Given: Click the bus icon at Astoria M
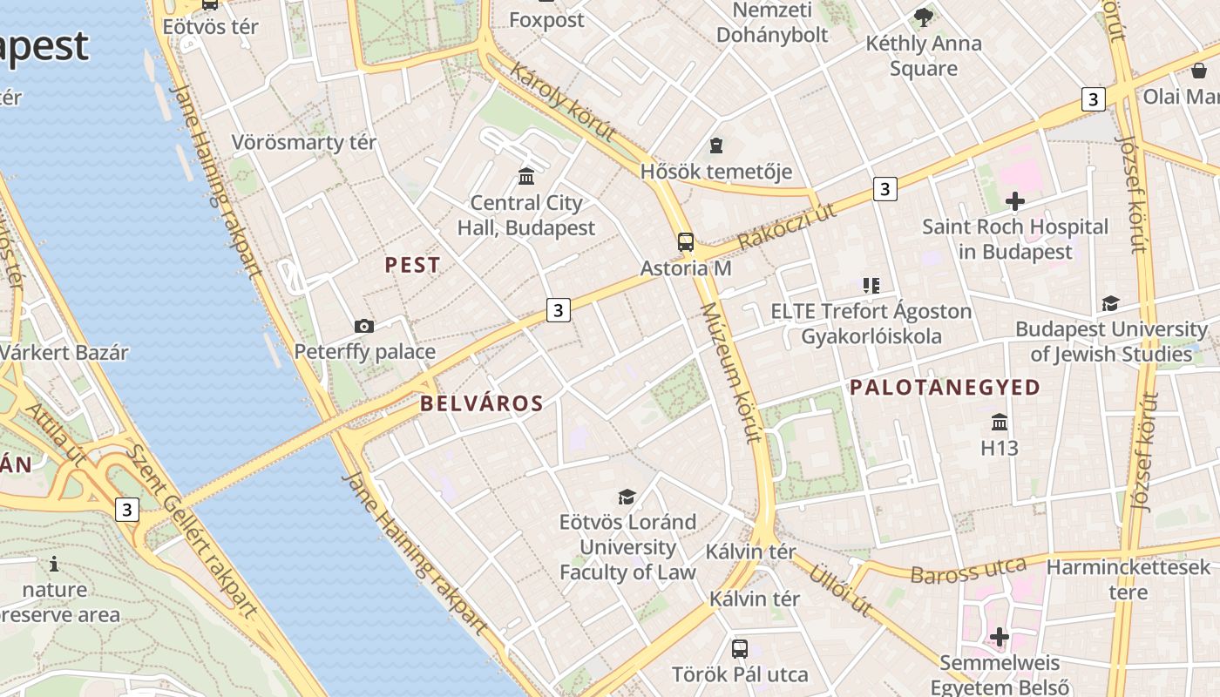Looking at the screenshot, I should tap(686, 242).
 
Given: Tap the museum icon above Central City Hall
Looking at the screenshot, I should tap(526, 177).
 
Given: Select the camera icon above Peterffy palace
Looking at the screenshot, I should tap(364, 327).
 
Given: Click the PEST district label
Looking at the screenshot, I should tap(413, 266).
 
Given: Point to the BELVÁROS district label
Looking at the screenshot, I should tap(482, 403).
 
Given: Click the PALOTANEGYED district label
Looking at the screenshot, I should tap(945, 388).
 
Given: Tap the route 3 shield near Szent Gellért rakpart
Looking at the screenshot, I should tap(127, 509).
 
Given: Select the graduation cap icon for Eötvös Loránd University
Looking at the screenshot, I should tap(627, 497).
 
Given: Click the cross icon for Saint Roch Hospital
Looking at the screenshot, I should tap(1014, 201).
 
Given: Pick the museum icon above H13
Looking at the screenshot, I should tap(1000, 423).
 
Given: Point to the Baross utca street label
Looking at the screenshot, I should tap(968, 571).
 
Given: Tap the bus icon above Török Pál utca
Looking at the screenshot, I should tap(739, 648).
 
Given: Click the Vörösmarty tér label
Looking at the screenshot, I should tap(303, 142).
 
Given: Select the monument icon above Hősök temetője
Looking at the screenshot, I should tap(716, 145).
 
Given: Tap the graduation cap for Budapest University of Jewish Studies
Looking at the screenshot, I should tap(1110, 303).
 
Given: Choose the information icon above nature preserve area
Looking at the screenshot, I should tap(54, 564).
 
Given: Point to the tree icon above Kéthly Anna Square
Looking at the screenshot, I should tap(923, 17).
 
